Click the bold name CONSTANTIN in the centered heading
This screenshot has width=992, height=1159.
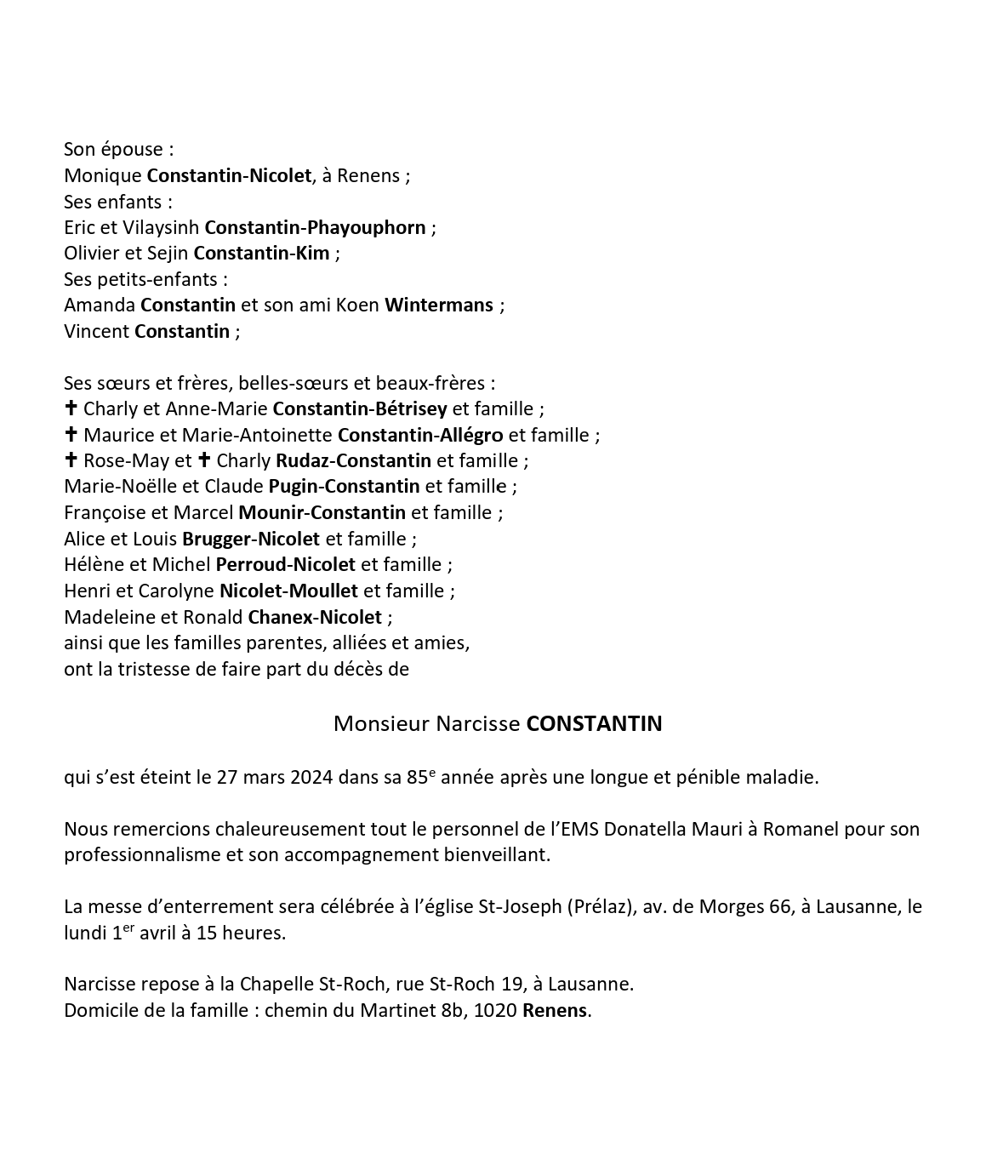coord(594,724)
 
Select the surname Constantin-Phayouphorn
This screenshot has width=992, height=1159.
coord(315,228)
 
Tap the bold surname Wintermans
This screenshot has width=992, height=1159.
coord(439,305)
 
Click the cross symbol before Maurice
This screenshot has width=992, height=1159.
coord(71,435)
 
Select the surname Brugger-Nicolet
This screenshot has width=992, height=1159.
coord(251,539)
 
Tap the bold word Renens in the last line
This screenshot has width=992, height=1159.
coord(555,1011)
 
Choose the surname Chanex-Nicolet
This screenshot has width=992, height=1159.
coord(315,617)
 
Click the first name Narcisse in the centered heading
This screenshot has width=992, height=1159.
coord(477,724)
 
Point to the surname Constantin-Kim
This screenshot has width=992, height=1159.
coord(261,254)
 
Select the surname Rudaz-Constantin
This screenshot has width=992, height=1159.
coord(353,461)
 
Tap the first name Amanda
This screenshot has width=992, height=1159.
coord(100,305)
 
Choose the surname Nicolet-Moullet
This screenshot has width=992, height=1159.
coord(288,591)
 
